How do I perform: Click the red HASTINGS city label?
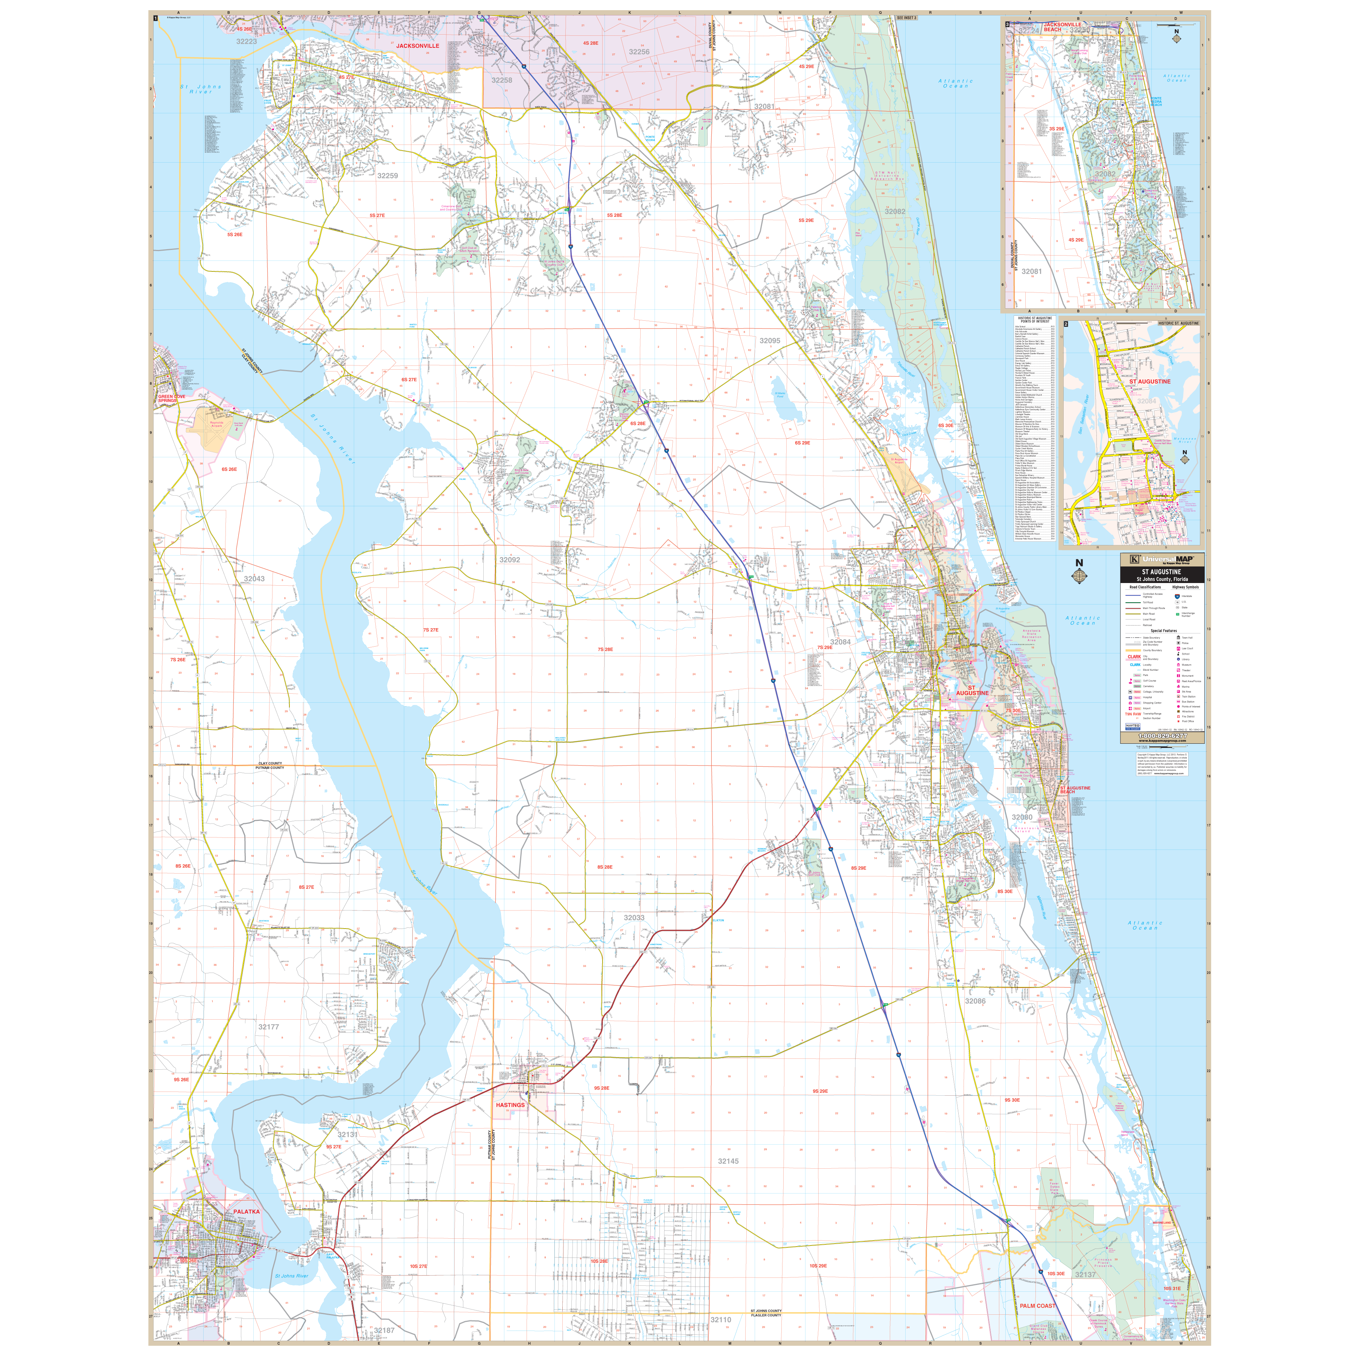[x=510, y=1105]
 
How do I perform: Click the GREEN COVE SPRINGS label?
[x=171, y=398]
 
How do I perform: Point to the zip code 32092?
[x=510, y=560]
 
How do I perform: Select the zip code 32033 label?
[x=634, y=917]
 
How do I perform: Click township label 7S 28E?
[x=604, y=649]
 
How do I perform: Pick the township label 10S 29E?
[x=818, y=1266]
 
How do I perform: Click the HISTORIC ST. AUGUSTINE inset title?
[x=1178, y=323]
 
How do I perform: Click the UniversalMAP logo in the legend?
[x=1162, y=559]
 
